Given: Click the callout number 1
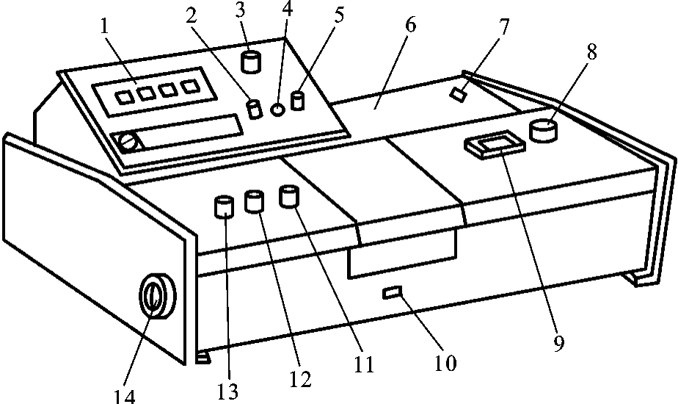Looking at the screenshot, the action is click(x=105, y=26).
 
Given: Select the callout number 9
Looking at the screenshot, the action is click(x=558, y=344).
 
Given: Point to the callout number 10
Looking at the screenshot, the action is click(x=445, y=363).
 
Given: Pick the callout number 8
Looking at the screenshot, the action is click(x=591, y=52).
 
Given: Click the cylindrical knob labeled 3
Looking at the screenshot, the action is click(x=251, y=61).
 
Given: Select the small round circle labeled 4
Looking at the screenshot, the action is click(x=277, y=110).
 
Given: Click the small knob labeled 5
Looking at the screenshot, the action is click(x=297, y=101).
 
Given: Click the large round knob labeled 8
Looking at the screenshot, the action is click(x=544, y=130).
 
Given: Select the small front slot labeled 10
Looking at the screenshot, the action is click(x=393, y=292).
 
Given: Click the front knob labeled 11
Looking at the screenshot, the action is click(x=289, y=195).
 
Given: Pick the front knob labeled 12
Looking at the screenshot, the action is click(x=254, y=201).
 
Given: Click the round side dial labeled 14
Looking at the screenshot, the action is click(x=157, y=297).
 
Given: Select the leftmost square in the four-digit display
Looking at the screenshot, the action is click(x=125, y=97).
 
